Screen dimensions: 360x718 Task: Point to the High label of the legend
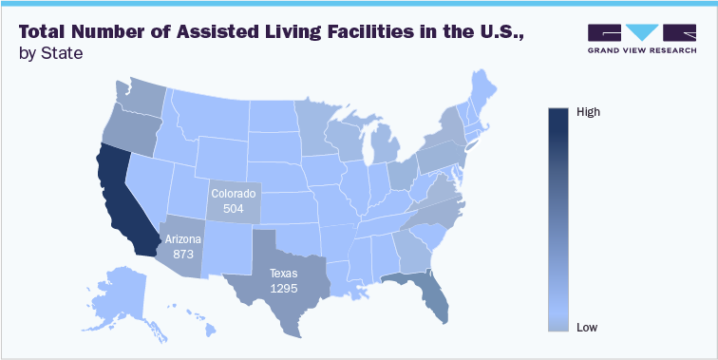(x=589, y=112)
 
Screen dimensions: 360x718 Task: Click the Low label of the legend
(x=587, y=328)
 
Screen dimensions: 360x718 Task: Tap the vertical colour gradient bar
(x=558, y=219)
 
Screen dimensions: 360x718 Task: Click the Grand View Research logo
(x=642, y=37)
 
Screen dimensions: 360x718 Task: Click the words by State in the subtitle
(x=50, y=54)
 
